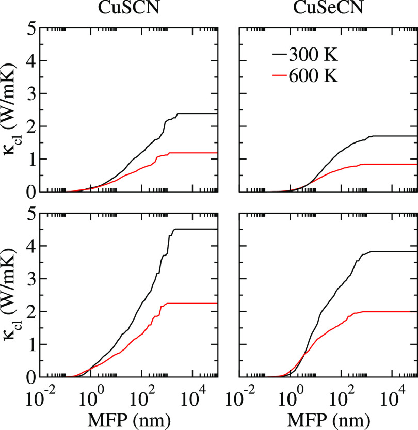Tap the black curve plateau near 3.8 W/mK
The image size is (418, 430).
pyautogui.click(x=392, y=251)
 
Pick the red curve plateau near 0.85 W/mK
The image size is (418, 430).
pyautogui.click(x=392, y=164)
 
